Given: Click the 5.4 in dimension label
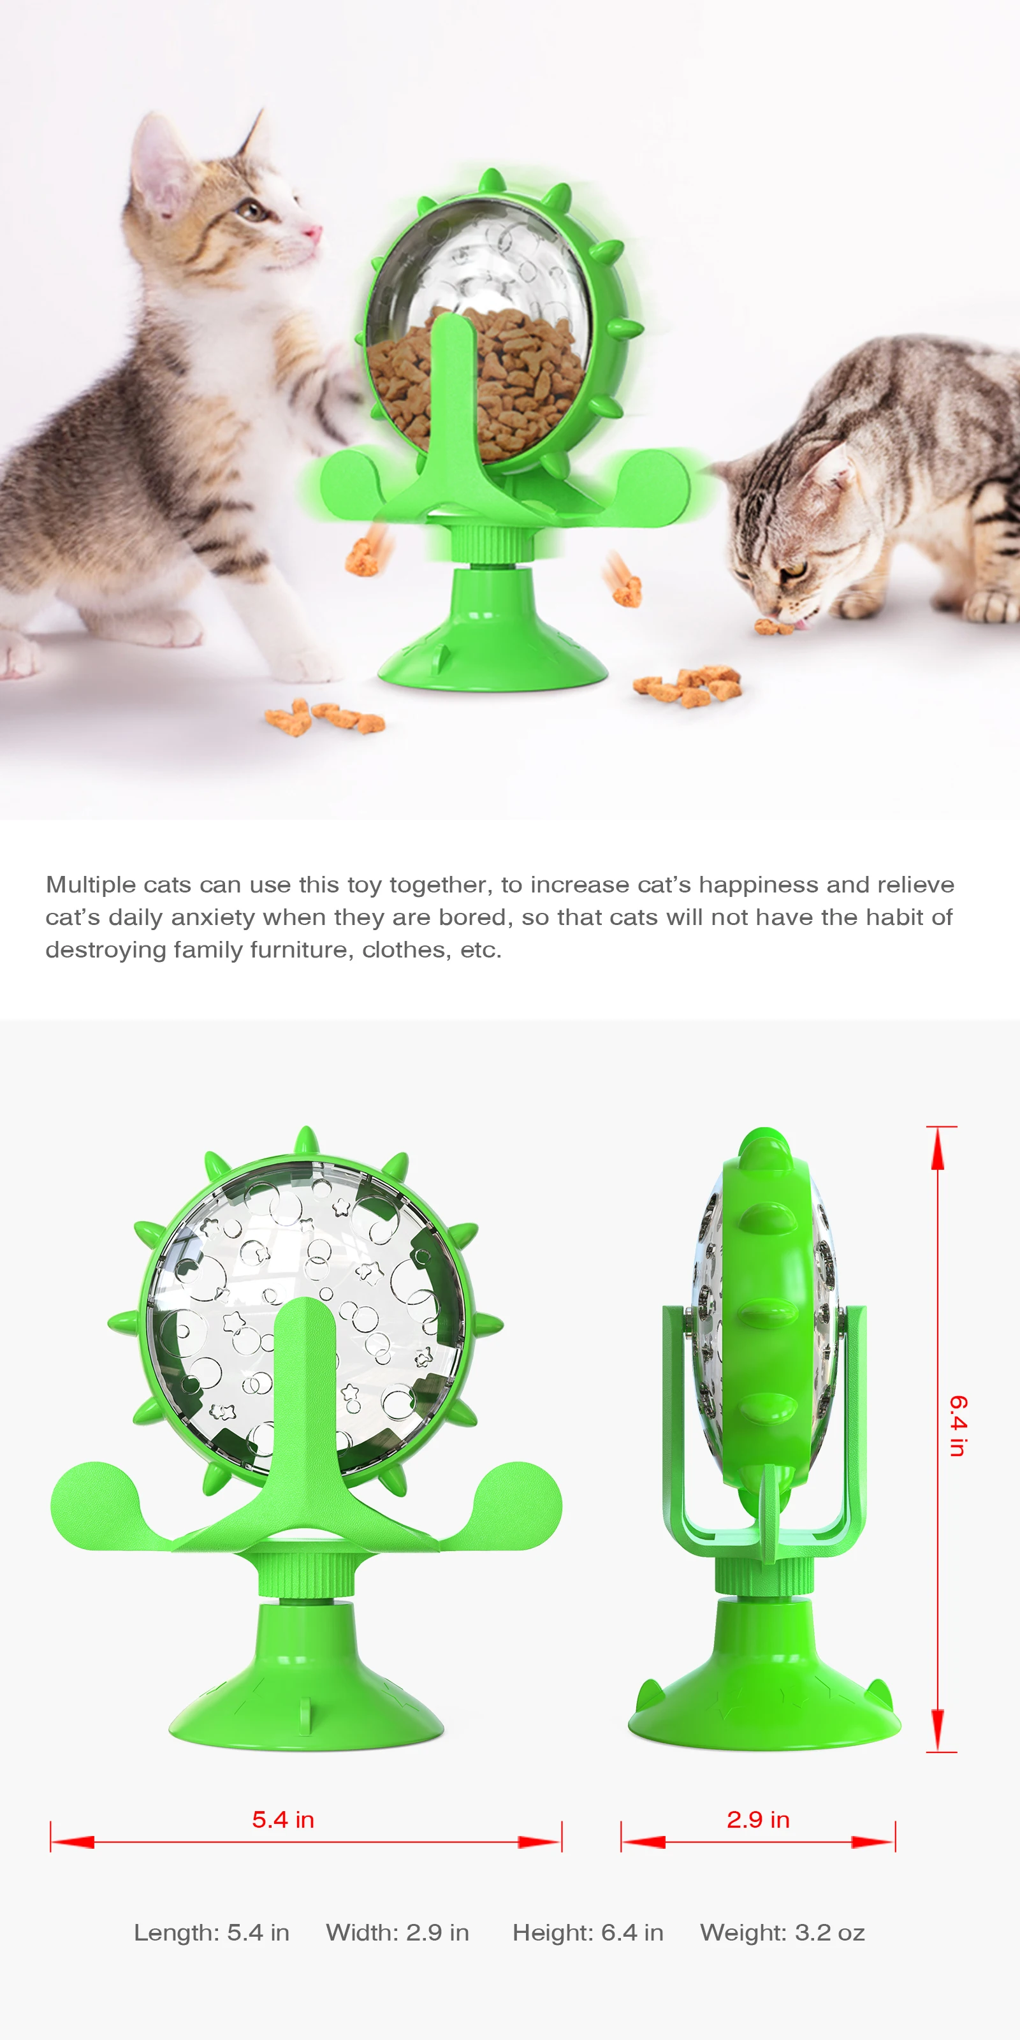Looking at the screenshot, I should point(282,1820).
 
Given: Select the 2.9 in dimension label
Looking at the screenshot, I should point(758,1820).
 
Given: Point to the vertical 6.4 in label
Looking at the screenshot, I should point(958,1426).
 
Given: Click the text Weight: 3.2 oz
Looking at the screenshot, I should point(782,1933).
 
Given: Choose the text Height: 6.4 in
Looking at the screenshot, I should point(588,1933).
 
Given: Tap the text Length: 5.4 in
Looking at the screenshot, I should point(212,1933).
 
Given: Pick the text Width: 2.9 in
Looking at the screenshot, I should point(398,1933).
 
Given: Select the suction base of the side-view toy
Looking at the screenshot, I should point(764,1703).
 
